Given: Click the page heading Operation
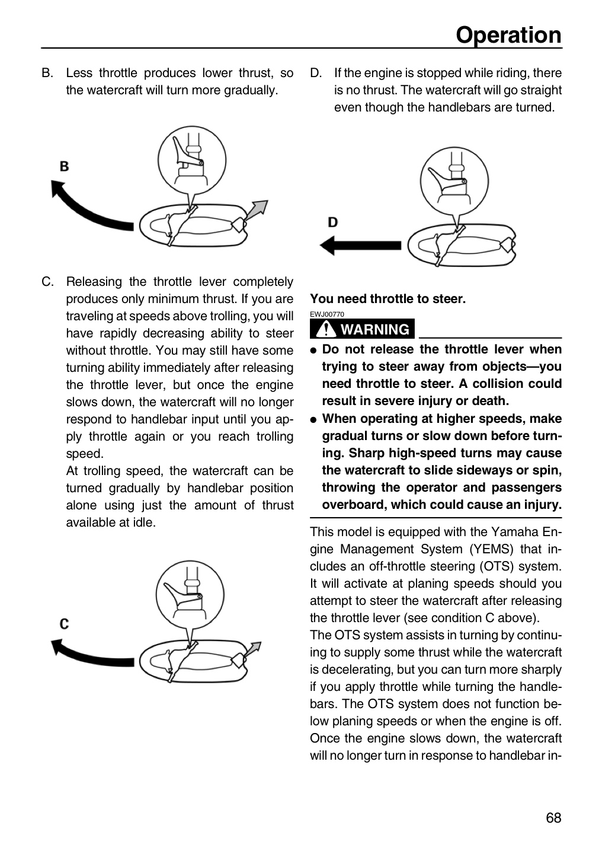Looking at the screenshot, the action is click(x=508, y=35).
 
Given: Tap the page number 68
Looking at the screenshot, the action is click(x=553, y=818).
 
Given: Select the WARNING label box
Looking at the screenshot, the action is click(x=362, y=329).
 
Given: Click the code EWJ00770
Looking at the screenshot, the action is click(x=327, y=314).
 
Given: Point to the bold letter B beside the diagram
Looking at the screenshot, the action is click(x=65, y=167).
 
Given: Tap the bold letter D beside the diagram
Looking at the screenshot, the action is click(x=332, y=222).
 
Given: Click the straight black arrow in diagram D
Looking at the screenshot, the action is click(x=360, y=245).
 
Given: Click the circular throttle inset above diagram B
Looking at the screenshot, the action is click(x=192, y=161).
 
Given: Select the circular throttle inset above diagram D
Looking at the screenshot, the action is click(x=454, y=181).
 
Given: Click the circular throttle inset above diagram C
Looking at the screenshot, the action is click(x=190, y=595).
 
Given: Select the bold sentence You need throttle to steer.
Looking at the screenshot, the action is click(x=388, y=299).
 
